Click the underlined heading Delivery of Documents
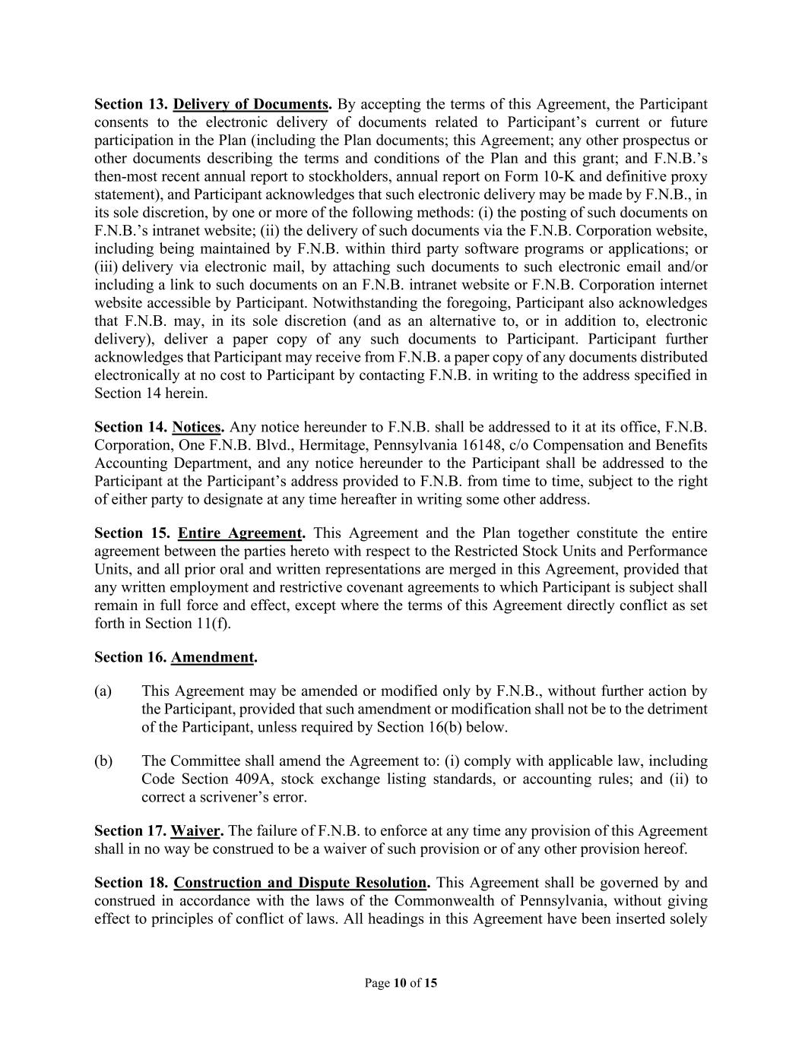(x=251, y=104)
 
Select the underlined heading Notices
(x=196, y=427)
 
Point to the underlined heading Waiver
(x=195, y=831)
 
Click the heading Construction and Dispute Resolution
(x=300, y=883)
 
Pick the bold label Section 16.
(x=130, y=657)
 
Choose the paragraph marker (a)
(x=103, y=691)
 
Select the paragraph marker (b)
(x=103, y=761)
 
